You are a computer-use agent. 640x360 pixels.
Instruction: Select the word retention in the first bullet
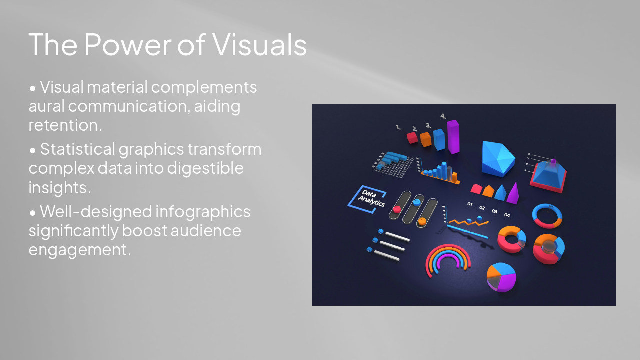65,125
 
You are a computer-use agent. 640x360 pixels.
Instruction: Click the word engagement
80,249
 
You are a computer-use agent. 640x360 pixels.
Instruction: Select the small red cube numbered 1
412,137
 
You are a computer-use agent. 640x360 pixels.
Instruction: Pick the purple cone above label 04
513,194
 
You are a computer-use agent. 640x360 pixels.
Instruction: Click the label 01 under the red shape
470,204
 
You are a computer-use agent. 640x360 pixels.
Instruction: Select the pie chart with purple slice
501,276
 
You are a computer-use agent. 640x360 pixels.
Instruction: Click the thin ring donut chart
547,215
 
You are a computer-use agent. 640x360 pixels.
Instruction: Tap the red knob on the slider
397,209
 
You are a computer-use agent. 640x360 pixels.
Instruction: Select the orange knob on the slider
422,220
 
